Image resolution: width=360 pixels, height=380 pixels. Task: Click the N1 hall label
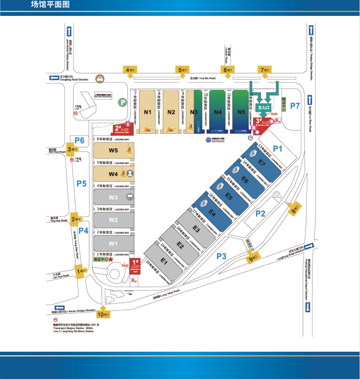(x=148, y=112)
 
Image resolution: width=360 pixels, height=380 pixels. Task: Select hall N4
(x=217, y=112)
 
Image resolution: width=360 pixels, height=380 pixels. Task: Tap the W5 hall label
(x=114, y=150)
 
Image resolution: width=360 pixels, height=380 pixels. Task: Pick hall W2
(x=114, y=220)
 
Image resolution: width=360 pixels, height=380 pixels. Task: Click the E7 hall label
(x=262, y=163)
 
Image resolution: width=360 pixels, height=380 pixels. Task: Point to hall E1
(x=164, y=262)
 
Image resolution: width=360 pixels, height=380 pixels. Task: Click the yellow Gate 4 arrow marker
(x=131, y=71)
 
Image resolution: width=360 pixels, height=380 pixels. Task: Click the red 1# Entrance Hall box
(x=136, y=266)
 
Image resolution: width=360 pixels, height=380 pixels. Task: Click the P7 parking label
(x=295, y=106)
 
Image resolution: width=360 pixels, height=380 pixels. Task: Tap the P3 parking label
(x=221, y=256)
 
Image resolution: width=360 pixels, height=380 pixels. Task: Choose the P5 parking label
(x=81, y=184)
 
